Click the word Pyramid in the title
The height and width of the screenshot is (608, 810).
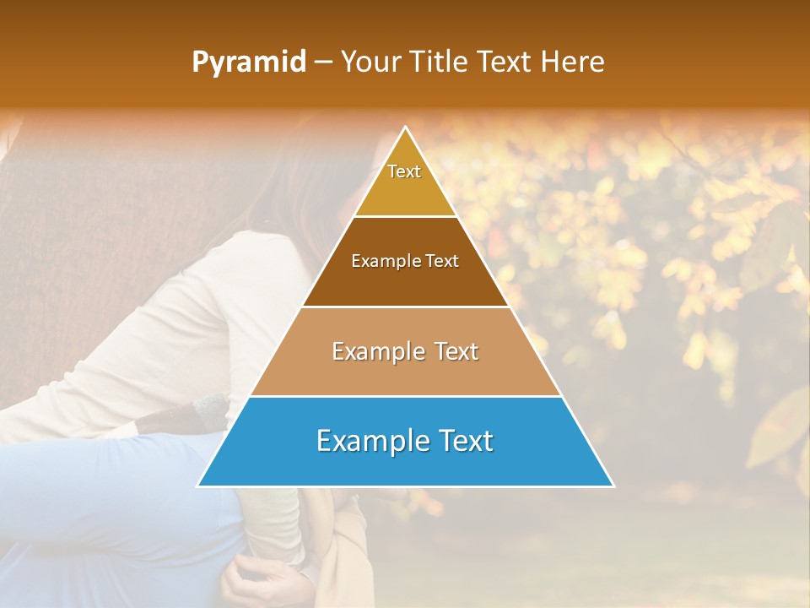pos(249,62)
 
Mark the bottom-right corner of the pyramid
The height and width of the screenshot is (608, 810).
pos(613,486)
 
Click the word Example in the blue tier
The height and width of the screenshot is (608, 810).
pos(368,441)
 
